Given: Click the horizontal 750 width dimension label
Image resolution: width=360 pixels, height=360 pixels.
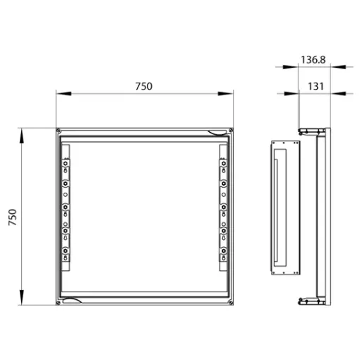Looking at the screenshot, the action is click(144, 86).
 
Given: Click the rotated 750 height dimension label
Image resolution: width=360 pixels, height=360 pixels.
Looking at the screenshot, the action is click(13, 217).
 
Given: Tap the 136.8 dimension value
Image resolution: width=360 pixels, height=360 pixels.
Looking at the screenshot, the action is click(313, 60).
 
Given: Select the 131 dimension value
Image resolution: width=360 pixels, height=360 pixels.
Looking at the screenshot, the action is click(316, 86).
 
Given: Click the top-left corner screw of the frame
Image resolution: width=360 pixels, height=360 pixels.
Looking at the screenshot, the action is click(59, 130).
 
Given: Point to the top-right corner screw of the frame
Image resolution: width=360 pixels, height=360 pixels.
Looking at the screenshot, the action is click(231, 130).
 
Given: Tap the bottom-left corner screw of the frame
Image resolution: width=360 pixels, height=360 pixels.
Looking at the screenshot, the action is click(58, 303).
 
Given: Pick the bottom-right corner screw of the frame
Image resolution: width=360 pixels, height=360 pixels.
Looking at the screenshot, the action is click(231, 303).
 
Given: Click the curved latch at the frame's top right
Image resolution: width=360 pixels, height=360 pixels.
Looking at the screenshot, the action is click(217, 133).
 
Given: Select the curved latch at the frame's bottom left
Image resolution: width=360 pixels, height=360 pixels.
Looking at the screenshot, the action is click(72, 300).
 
